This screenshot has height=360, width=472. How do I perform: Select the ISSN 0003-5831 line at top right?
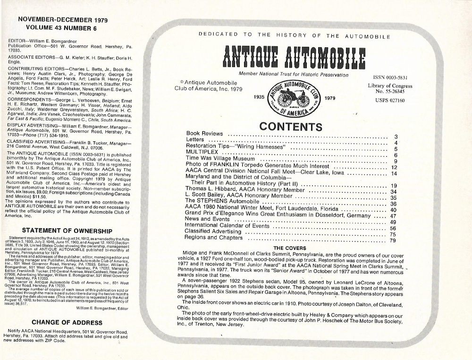[383, 77]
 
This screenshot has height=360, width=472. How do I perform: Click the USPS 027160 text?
[383, 100]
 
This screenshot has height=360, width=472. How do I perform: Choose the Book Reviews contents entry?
[205, 134]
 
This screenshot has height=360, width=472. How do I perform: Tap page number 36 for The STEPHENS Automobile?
[393, 204]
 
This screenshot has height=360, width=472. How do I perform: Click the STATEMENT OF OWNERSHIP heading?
[67, 231]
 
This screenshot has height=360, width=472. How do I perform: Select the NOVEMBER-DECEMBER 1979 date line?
[62, 20]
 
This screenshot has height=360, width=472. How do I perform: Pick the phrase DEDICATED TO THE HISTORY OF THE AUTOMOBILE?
[294, 35]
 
